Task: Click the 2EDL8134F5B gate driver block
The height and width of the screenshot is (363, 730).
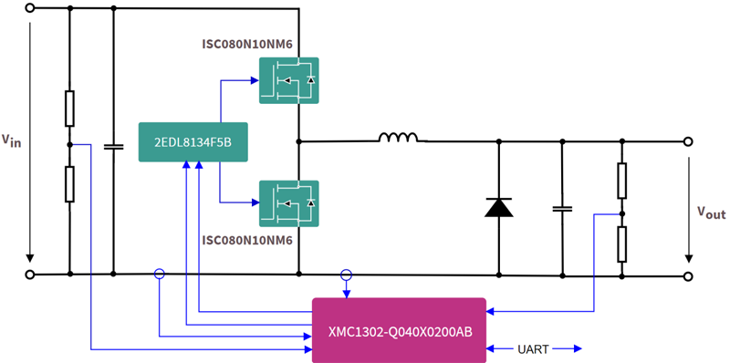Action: (x=192, y=141)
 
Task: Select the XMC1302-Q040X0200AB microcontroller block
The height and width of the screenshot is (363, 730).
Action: (x=400, y=329)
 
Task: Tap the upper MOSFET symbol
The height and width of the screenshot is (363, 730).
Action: (x=288, y=80)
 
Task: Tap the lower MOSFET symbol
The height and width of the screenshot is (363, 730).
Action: (x=288, y=202)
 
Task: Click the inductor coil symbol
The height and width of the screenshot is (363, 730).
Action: (x=399, y=139)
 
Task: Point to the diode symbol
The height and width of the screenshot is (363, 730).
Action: (x=498, y=207)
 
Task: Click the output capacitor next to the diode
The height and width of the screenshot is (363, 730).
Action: (x=561, y=208)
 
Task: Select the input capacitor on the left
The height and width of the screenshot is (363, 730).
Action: (x=113, y=146)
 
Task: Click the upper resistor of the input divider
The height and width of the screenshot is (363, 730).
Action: (x=69, y=109)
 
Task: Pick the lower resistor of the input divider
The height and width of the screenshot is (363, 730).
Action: (x=69, y=183)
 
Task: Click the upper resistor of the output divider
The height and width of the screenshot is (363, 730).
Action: (x=622, y=181)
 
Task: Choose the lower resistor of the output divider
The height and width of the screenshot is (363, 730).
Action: (x=622, y=244)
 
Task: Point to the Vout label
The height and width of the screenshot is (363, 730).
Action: (x=710, y=213)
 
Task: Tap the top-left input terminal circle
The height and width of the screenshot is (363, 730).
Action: (x=30, y=8)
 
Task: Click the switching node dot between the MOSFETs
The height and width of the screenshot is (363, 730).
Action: (x=298, y=141)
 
